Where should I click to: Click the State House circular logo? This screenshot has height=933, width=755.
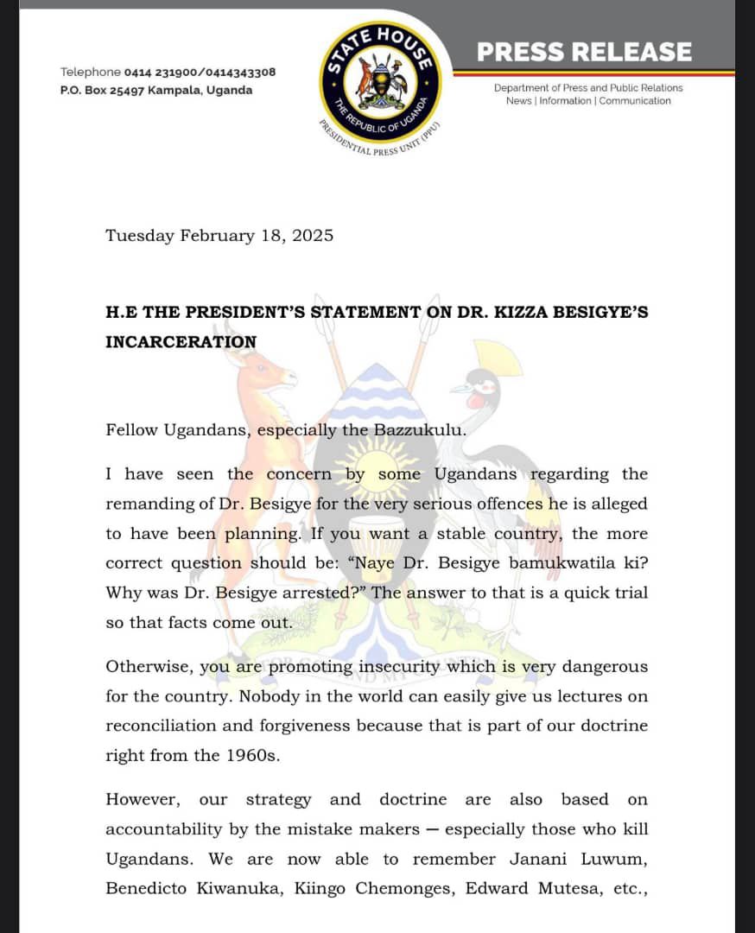[x=380, y=86]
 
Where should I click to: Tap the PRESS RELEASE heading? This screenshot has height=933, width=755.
[x=584, y=52]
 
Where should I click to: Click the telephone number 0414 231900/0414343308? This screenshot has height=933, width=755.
[x=200, y=72]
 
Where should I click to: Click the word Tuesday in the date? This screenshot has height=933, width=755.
[x=139, y=235]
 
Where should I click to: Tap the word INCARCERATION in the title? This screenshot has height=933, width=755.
[x=181, y=341]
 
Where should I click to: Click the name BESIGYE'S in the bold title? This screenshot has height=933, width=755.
[x=599, y=312]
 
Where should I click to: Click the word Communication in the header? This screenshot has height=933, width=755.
[x=635, y=101]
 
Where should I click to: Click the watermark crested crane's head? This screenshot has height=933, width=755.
[x=481, y=386]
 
